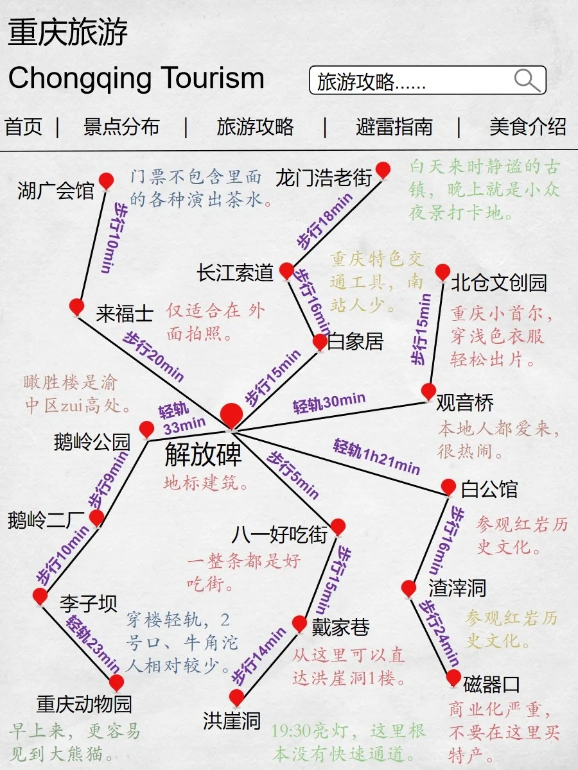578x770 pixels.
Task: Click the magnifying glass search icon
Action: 527,80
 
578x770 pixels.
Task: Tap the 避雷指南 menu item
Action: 394,126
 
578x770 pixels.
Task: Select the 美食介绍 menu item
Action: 527,126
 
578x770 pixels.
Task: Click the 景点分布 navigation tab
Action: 121,126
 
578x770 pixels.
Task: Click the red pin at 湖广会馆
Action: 106,182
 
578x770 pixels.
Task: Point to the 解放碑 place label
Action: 203,454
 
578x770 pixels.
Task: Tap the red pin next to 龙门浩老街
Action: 383,170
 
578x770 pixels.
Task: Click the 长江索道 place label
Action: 236,273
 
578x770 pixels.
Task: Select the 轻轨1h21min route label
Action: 376,456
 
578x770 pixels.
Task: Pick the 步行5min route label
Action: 293,475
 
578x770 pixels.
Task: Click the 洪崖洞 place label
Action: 232,721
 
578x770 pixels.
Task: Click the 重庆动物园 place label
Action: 84,704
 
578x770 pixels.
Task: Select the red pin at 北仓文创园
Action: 442,273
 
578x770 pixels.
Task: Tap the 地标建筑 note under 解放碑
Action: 206,483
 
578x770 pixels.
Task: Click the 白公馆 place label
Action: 489,489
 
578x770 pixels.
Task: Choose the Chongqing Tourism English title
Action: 136,78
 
